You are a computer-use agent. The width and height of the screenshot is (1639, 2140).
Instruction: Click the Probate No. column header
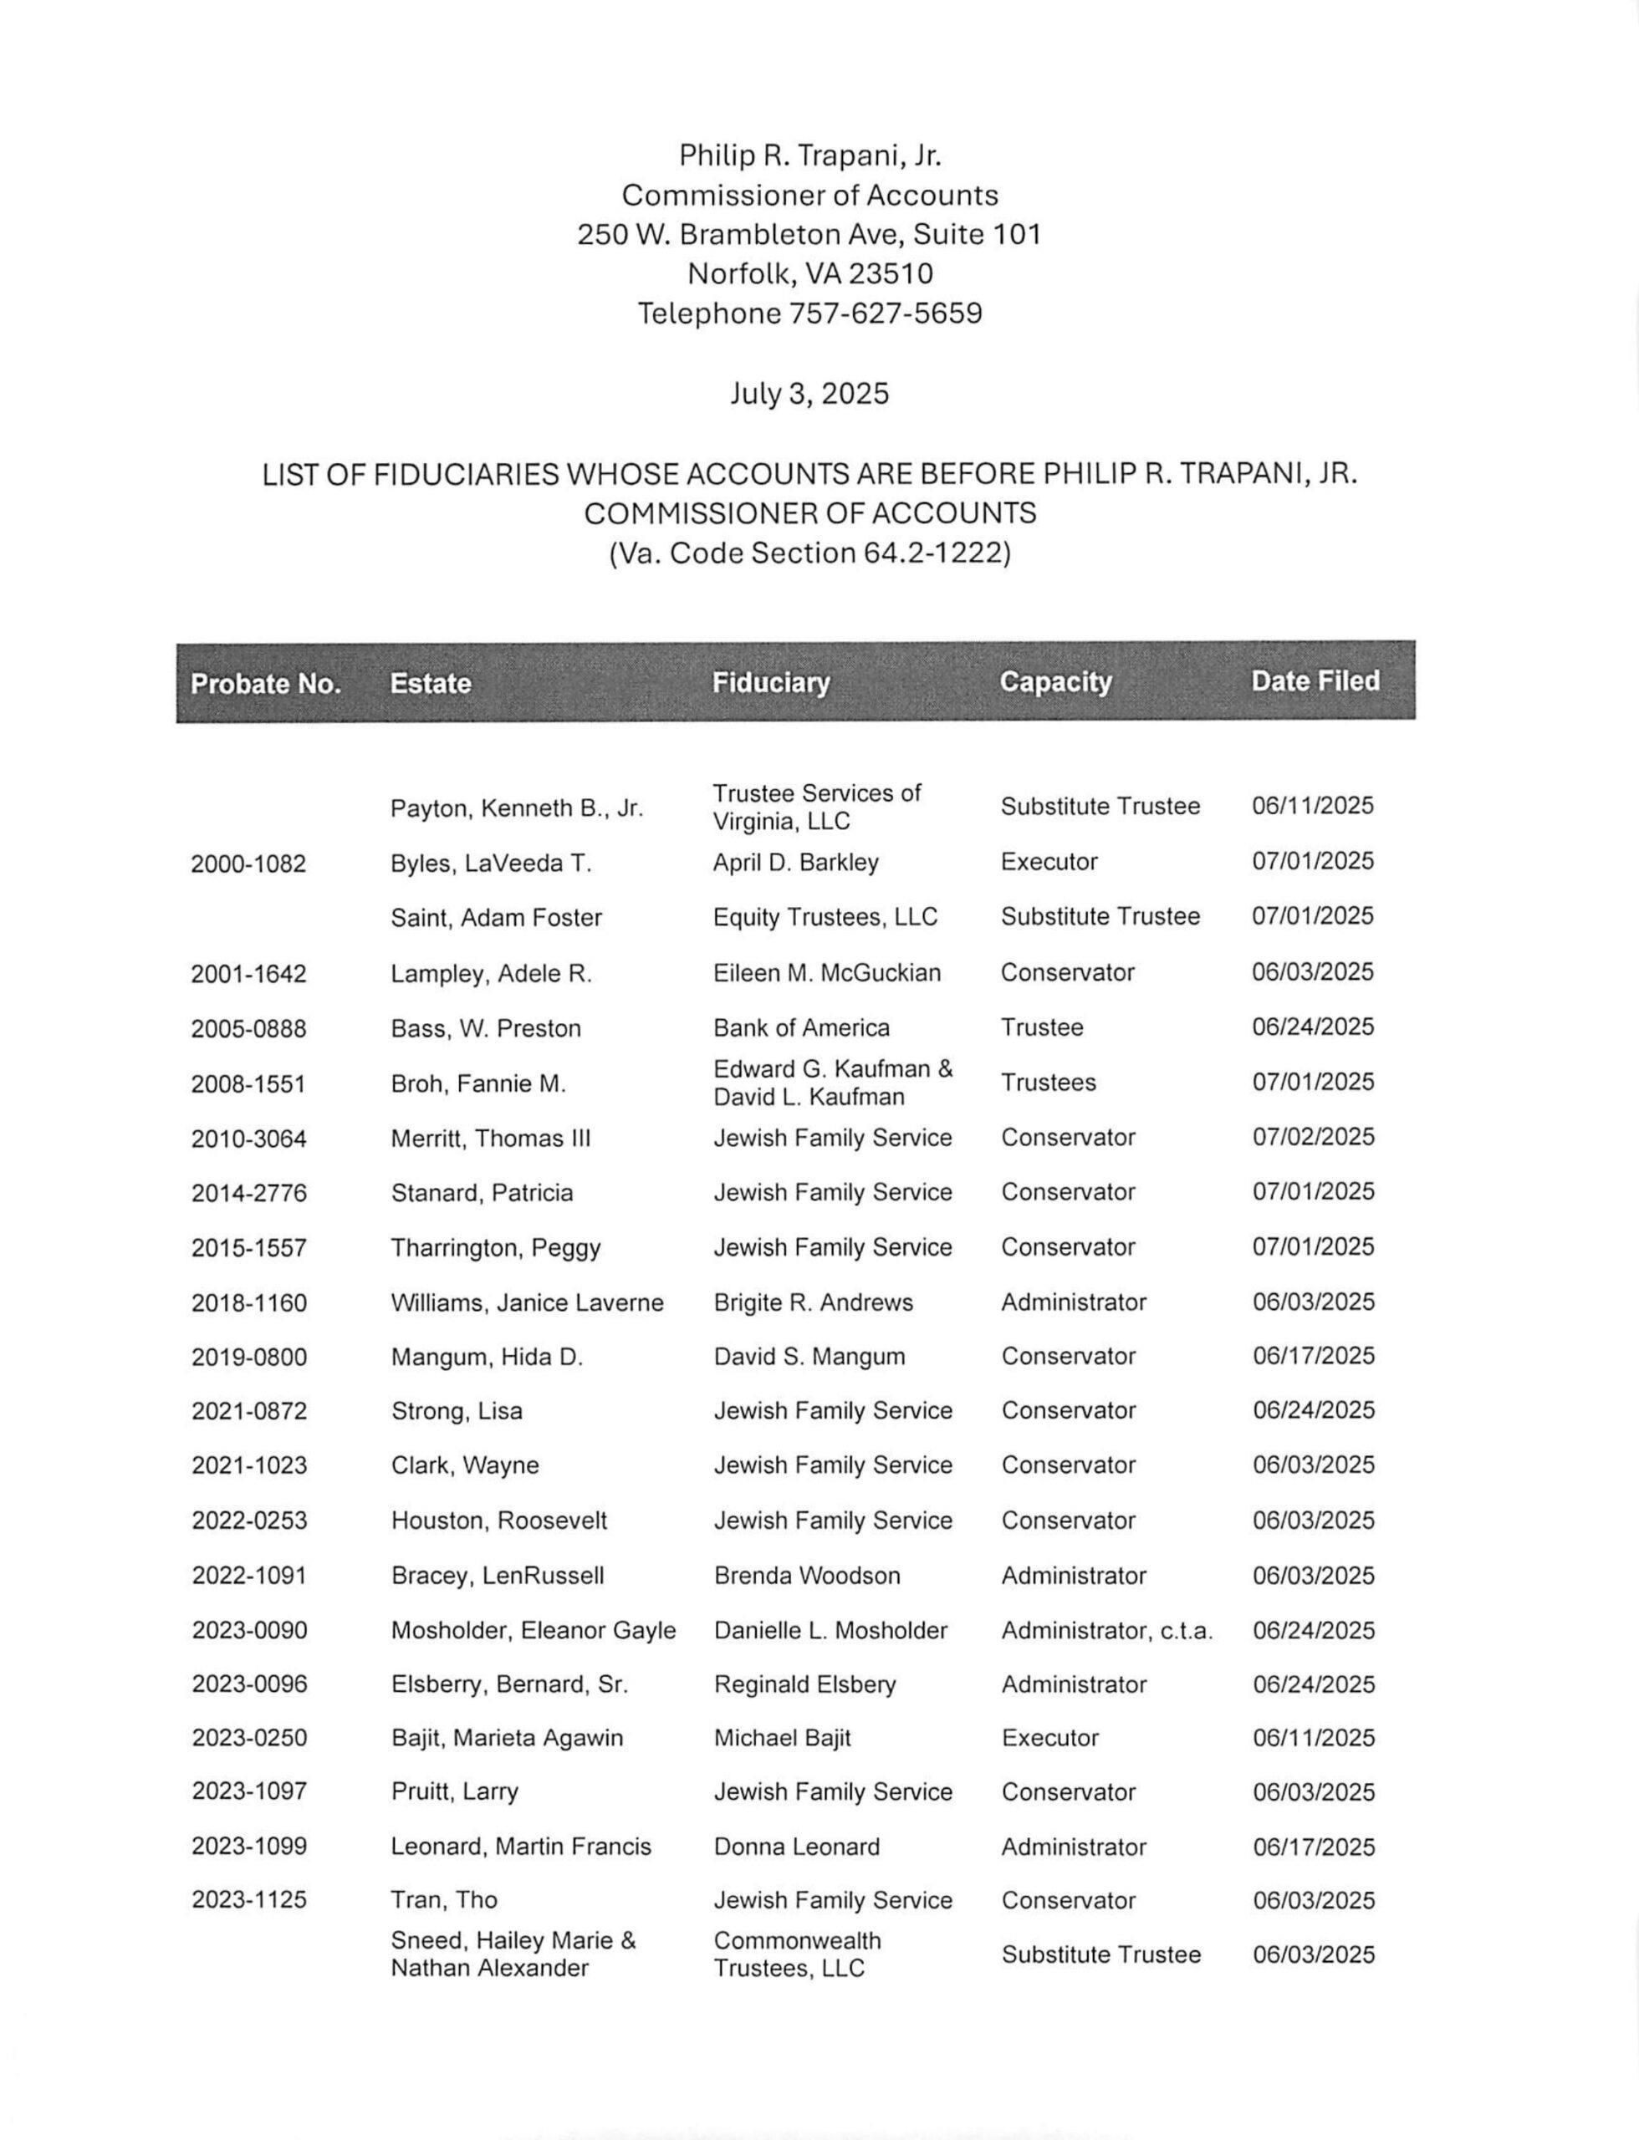click(x=265, y=684)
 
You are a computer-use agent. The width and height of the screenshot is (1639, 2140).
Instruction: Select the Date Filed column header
click(x=1315, y=680)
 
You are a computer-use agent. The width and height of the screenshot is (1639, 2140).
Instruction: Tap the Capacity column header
click(x=1055, y=682)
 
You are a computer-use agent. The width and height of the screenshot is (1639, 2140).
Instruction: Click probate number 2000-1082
click(x=249, y=864)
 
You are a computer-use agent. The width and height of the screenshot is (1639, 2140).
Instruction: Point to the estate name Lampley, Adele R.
click(x=491, y=973)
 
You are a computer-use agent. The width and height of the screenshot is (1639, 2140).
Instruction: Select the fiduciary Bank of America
click(x=801, y=1028)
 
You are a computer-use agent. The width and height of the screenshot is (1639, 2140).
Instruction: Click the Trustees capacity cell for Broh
click(x=1048, y=1083)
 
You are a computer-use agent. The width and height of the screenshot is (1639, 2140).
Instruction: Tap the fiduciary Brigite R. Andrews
click(x=813, y=1302)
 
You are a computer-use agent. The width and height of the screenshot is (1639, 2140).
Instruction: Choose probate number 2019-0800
click(x=249, y=1357)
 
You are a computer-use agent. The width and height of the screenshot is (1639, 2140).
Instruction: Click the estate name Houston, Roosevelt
click(x=498, y=1521)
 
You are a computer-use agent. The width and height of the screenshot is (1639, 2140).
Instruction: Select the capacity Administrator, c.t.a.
click(x=1106, y=1630)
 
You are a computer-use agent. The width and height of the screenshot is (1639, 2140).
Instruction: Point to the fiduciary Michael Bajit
click(x=783, y=1738)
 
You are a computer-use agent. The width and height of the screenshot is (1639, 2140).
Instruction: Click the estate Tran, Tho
click(x=444, y=1900)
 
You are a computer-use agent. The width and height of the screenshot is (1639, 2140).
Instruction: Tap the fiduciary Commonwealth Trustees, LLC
click(x=797, y=1954)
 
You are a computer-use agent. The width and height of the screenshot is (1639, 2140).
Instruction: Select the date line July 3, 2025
click(x=809, y=394)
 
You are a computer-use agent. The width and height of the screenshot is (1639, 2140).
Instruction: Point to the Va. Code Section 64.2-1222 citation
click(x=809, y=553)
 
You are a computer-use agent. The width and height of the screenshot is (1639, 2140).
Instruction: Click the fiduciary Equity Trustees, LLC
click(x=825, y=917)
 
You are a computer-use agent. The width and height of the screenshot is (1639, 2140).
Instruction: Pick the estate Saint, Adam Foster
click(x=496, y=918)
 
